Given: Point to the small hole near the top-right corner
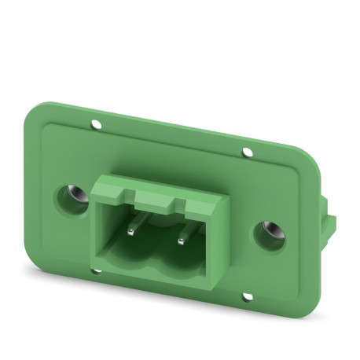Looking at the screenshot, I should pyautogui.click(x=248, y=150).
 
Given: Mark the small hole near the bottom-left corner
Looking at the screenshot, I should pyautogui.click(x=96, y=273).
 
